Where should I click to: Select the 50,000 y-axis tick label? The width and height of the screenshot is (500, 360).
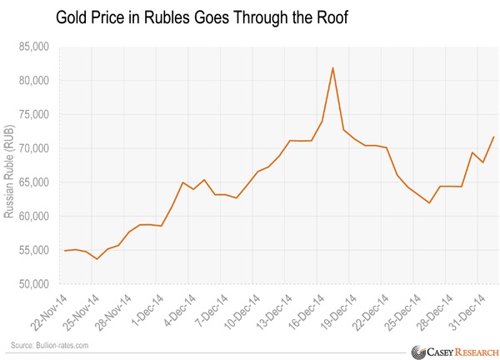(x=33, y=284)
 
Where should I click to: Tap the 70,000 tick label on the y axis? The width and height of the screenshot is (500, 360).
(x=33, y=148)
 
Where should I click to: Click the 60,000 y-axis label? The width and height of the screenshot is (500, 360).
(x=33, y=217)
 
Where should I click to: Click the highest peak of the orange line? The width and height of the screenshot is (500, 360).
(x=333, y=67)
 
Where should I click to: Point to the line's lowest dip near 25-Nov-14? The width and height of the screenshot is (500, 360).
(x=97, y=259)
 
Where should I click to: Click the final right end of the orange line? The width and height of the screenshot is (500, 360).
(x=495, y=137)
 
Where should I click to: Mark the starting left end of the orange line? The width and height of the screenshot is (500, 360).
(x=65, y=251)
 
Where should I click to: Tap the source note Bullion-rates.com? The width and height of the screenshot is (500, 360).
(x=49, y=345)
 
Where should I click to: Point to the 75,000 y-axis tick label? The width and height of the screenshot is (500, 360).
(x=33, y=115)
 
